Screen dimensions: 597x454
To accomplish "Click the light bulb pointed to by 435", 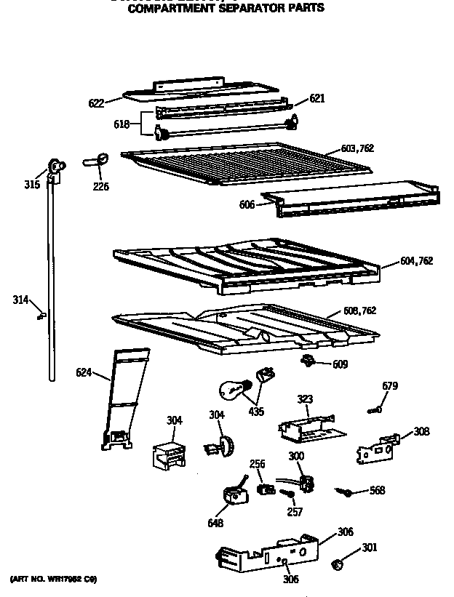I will [234, 390].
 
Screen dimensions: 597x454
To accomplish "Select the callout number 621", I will [317, 99].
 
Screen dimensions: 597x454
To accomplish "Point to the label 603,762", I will [357, 148].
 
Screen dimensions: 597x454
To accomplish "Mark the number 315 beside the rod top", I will [31, 185].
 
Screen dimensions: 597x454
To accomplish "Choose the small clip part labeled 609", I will [308, 361].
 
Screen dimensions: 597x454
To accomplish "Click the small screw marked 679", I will [375, 411].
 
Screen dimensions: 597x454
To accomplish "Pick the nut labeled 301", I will [338, 564].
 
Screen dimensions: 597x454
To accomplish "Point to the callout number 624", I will [84, 374].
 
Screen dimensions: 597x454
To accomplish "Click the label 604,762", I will [416, 261].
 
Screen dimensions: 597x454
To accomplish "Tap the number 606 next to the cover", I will [247, 205].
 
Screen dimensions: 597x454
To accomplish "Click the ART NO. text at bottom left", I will [52, 580].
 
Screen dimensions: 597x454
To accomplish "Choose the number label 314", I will [21, 299].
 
